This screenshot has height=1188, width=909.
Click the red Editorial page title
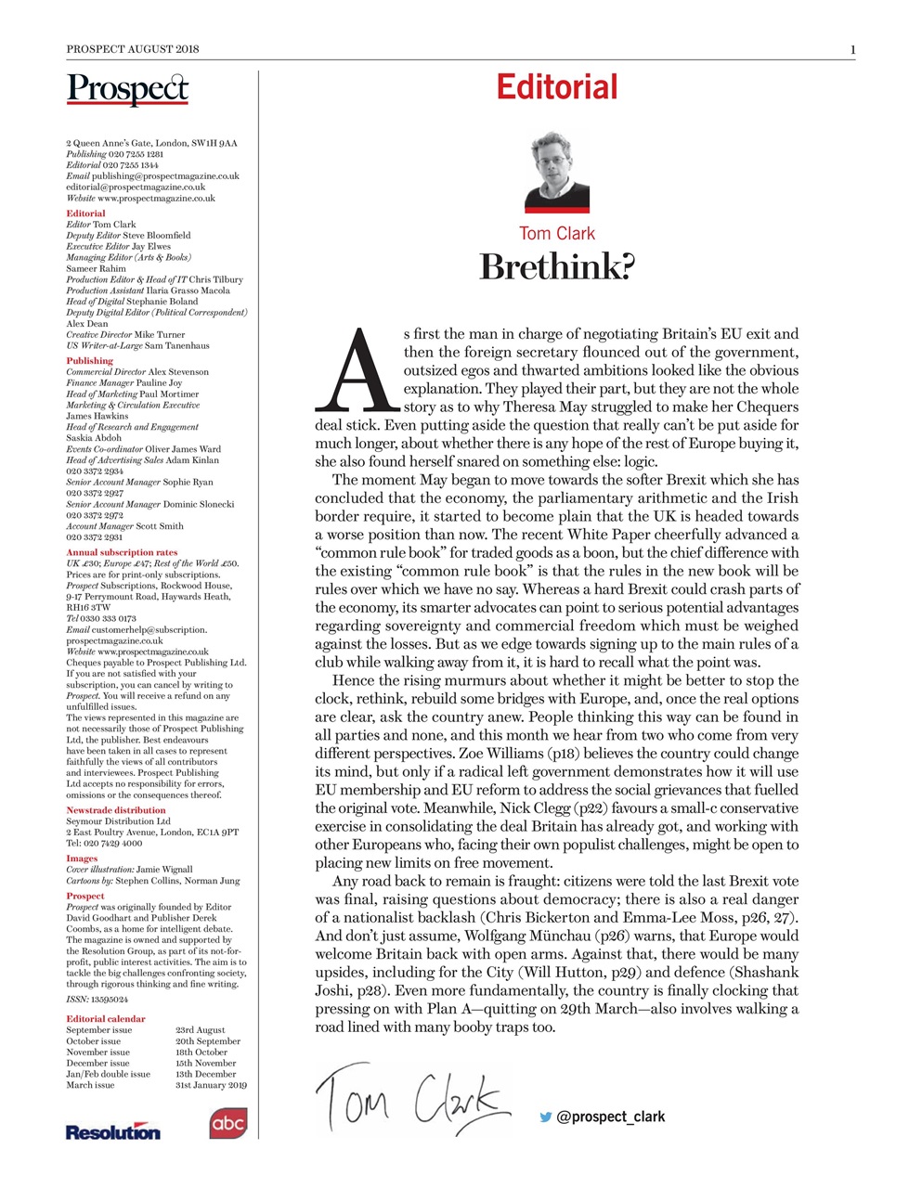tap(556, 87)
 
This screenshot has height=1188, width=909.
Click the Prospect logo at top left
tap(127, 89)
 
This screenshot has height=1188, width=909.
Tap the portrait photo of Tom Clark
tap(556, 173)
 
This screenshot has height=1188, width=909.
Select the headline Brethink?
tap(556, 267)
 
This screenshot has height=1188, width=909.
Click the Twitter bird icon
tap(546, 1117)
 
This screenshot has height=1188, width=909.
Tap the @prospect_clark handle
tap(610, 1117)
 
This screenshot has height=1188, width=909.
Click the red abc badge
tap(227, 1123)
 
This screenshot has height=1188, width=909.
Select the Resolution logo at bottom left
tap(112, 1131)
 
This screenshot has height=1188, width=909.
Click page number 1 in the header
tap(851, 49)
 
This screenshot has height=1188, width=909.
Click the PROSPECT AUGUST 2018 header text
tap(133, 49)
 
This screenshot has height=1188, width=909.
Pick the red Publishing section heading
tap(89, 360)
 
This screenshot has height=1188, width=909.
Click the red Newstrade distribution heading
tap(115, 809)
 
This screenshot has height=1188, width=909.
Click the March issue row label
tap(90, 1084)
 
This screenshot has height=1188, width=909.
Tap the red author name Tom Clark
tap(556, 234)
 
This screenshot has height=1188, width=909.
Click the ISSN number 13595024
tap(110, 999)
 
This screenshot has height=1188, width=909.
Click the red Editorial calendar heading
tap(105, 1018)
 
